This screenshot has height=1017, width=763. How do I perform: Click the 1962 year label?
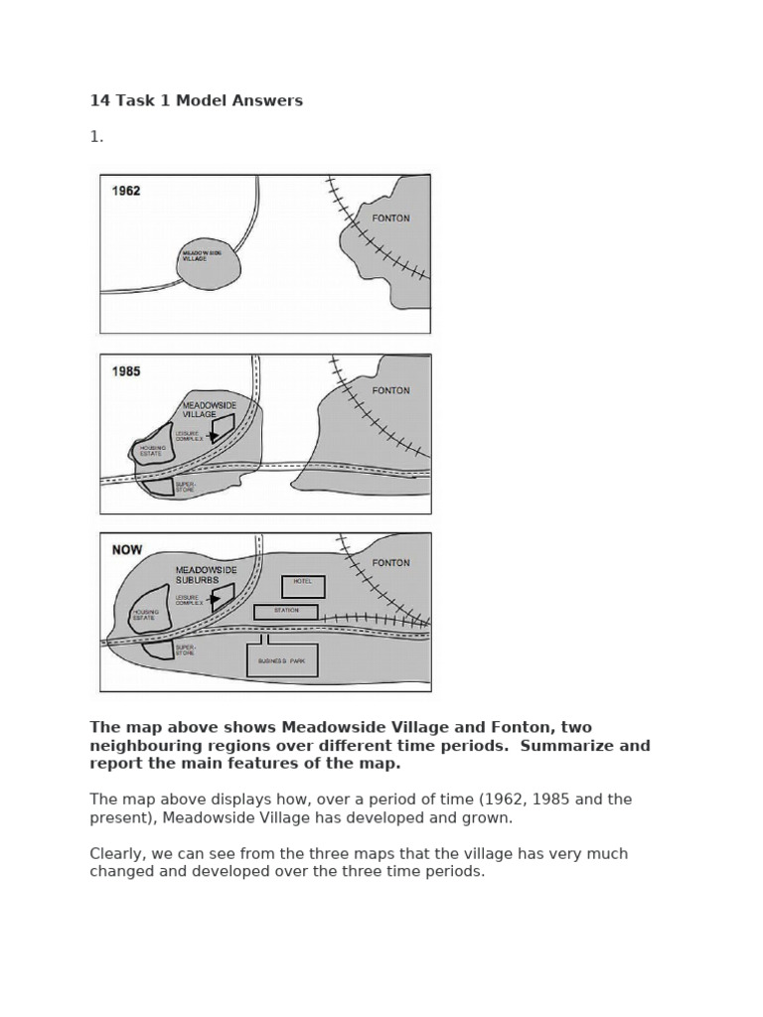tap(126, 191)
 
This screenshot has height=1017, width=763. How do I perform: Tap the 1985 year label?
tap(126, 371)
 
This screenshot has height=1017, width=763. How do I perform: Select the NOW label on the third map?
tap(127, 549)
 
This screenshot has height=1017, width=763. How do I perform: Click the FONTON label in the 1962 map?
tap(390, 218)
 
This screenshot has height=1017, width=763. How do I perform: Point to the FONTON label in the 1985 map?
tap(390, 390)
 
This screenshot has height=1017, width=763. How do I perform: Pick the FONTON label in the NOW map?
tap(390, 562)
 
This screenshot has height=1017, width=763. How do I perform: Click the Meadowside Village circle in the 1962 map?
tap(208, 263)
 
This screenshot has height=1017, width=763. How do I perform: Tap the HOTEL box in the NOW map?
tap(303, 586)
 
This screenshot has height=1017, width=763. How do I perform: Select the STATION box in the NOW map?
tap(286, 612)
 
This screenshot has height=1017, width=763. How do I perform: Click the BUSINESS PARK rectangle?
tap(282, 660)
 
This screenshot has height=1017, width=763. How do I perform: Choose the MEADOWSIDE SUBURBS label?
tap(206, 574)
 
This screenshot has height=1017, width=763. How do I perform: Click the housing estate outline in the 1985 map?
tap(153, 449)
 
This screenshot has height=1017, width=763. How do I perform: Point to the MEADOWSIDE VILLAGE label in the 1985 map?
tap(210, 410)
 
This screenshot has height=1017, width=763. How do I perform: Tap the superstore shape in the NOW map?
tap(157, 651)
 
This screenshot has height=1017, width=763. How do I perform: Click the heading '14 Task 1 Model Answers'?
tap(196, 100)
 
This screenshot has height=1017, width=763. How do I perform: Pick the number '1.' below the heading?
tap(96, 137)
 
